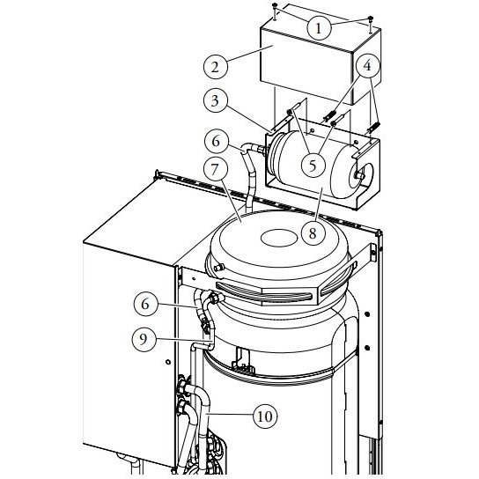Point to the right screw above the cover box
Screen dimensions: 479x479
[372, 18]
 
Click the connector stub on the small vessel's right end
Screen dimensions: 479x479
[359, 175]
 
